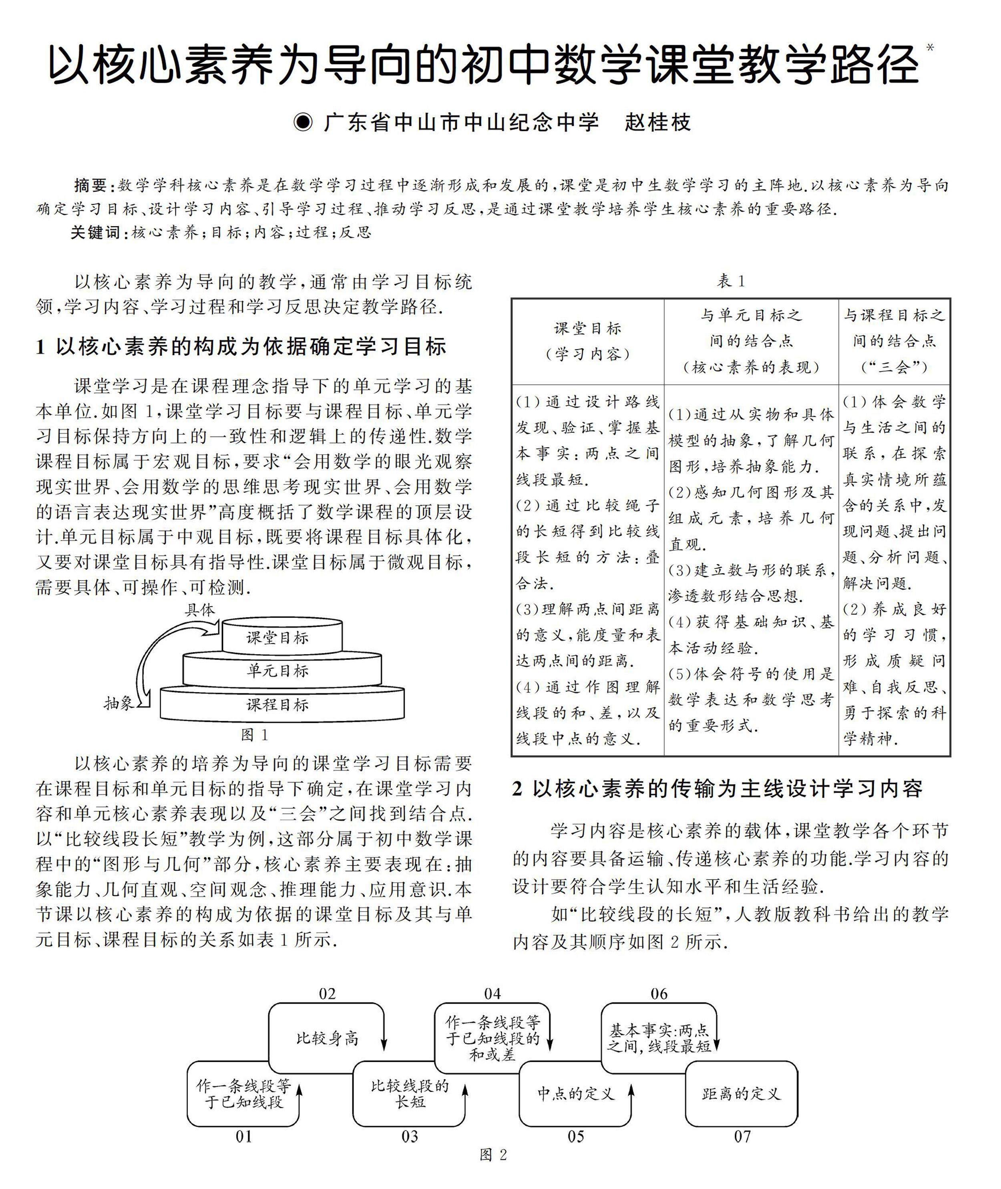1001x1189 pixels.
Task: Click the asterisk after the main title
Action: (929, 48)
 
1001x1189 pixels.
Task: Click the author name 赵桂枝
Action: (658, 123)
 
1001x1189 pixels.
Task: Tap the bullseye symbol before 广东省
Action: (304, 123)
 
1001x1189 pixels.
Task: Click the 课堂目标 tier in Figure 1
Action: (281, 638)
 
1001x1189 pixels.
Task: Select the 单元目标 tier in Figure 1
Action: (281, 671)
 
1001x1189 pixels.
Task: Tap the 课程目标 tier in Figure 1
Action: (281, 705)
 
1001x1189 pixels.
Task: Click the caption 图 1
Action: (254, 735)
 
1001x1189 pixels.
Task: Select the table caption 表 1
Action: (731, 281)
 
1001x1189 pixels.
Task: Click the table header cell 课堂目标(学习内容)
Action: (587, 341)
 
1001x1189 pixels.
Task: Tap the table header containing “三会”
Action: (894, 341)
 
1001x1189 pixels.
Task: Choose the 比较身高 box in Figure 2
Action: (327, 1038)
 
